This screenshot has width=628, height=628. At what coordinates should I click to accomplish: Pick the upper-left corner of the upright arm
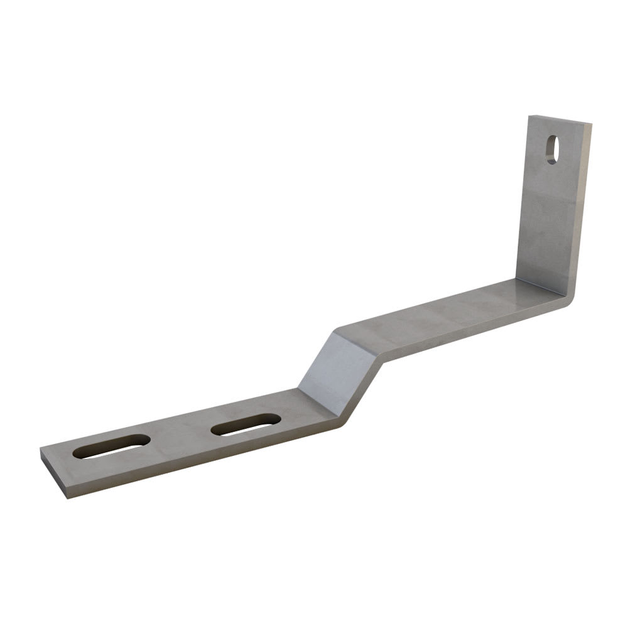tap(529, 117)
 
